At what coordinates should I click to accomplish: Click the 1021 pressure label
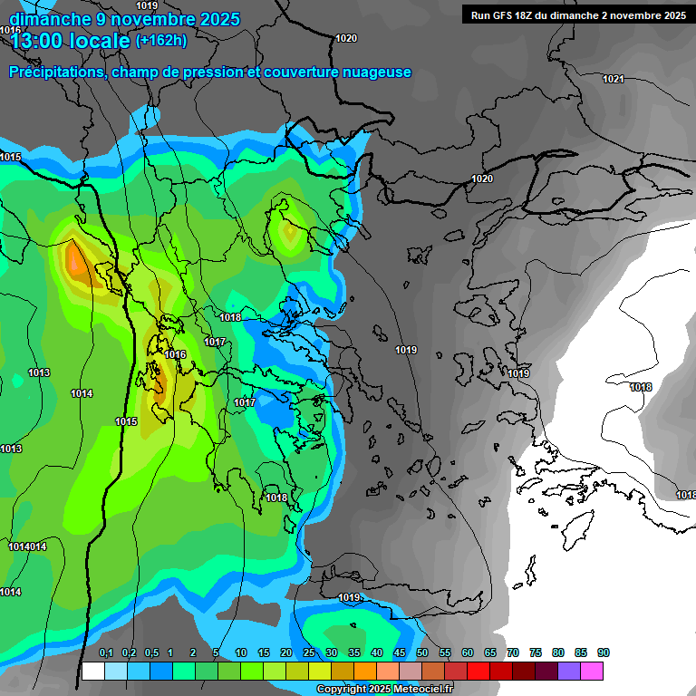(x=614, y=79)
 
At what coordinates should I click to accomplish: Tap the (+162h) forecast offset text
(x=161, y=40)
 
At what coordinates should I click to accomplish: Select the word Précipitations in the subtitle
(x=56, y=72)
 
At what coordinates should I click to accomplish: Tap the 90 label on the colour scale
(x=604, y=652)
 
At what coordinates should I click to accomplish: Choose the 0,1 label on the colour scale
(x=105, y=652)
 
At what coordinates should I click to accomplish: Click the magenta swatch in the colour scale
(x=592, y=671)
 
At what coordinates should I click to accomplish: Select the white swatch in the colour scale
(x=92, y=671)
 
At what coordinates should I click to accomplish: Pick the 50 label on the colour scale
(x=422, y=652)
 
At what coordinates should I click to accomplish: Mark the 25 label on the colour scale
(x=309, y=652)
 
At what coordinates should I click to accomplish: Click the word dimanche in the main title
(x=45, y=18)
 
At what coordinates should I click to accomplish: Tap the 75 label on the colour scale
(x=536, y=652)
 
